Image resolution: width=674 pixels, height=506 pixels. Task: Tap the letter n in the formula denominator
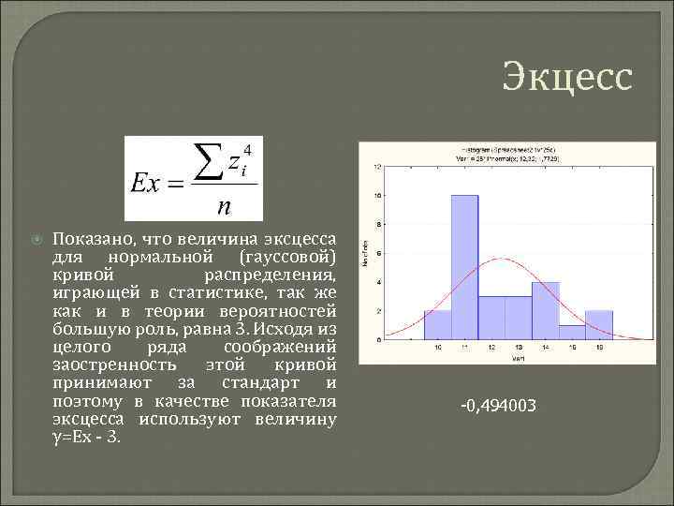tap(225, 204)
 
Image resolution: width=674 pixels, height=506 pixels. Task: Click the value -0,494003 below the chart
tap(498, 406)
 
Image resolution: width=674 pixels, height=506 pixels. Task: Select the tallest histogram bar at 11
tap(465, 266)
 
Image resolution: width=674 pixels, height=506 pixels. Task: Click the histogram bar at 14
tap(546, 310)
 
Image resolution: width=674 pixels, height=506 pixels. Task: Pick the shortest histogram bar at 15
tap(573, 332)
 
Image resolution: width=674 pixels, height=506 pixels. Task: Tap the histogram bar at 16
tap(599, 324)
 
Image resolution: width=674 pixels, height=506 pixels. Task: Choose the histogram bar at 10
tap(438, 324)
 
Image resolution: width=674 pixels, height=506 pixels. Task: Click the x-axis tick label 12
tap(492, 348)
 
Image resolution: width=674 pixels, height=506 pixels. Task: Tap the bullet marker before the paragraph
tap(37, 239)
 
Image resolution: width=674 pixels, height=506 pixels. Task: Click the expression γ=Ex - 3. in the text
tap(88, 437)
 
